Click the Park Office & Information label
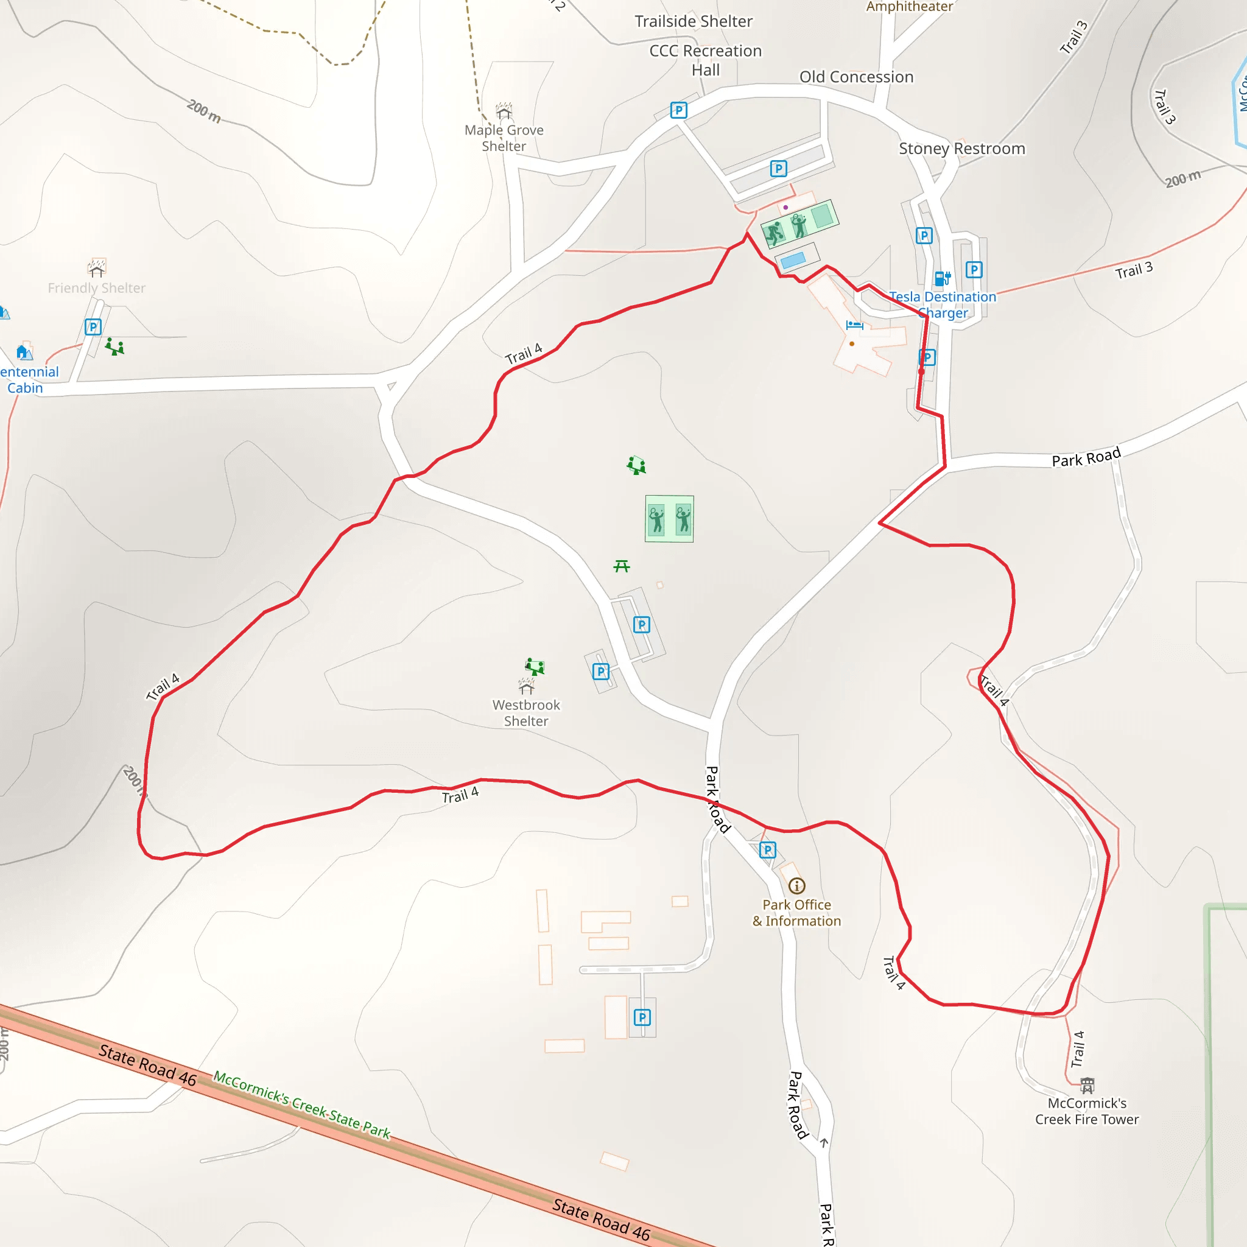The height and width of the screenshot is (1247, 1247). [796, 913]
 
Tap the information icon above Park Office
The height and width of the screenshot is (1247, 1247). [796, 885]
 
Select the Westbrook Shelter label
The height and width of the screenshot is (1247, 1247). [526, 712]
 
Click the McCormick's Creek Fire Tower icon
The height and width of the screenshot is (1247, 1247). [1087, 1084]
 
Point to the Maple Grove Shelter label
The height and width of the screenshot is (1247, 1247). [504, 138]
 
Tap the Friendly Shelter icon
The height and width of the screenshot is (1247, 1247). [97, 267]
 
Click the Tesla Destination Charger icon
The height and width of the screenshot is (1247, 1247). [943, 278]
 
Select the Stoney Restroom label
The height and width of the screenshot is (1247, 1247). [961, 149]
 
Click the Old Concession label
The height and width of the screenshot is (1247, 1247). [857, 77]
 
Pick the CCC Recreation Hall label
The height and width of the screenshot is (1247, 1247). [706, 60]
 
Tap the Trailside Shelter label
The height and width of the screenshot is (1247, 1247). [693, 21]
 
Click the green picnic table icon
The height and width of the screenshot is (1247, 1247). [622, 566]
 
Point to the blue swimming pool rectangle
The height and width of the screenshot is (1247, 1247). [793, 260]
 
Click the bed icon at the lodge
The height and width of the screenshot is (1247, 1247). [854, 325]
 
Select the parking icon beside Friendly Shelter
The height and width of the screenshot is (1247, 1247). [93, 326]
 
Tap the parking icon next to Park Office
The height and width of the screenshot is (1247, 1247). [767, 850]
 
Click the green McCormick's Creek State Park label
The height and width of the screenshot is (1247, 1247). [302, 1105]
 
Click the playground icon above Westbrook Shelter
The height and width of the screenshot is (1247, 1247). [535, 666]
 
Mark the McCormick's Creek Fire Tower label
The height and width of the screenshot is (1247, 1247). [1087, 1111]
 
